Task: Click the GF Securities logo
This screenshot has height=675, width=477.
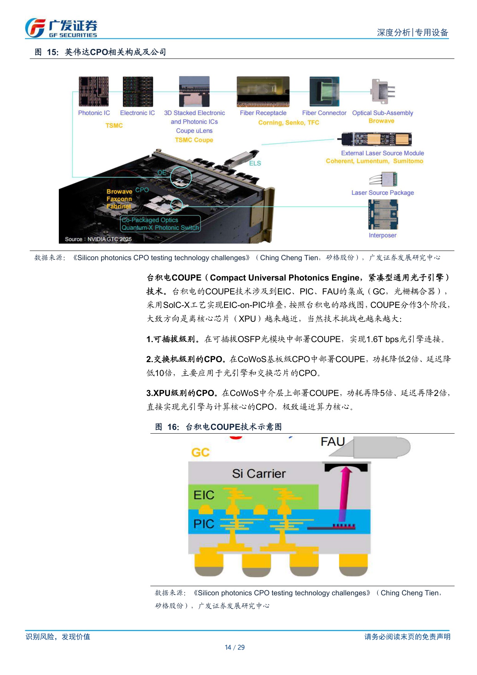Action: pos(61,28)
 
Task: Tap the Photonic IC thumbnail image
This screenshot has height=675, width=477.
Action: pos(94,92)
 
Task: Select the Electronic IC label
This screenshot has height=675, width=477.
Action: pos(137,113)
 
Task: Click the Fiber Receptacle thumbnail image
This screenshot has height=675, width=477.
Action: pos(263,92)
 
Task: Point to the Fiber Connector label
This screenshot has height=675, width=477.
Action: pos(324,113)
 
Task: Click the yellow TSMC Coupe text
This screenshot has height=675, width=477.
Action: pos(194,140)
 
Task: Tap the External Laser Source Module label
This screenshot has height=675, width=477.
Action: pos(382,153)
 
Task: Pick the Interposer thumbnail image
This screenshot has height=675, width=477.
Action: pos(383,214)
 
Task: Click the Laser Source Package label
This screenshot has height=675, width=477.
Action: pos(382,193)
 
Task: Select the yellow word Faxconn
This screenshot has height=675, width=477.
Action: pos(119,199)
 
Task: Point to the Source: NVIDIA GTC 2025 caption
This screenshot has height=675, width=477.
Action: pos(98,239)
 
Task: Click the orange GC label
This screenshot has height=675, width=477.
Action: pos(200,453)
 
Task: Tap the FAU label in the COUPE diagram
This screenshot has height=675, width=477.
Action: pos(332,441)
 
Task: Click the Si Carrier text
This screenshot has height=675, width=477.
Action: pos(259,474)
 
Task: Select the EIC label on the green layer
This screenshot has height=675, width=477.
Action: pos(204,495)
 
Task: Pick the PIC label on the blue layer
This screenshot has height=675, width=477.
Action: pos(204,524)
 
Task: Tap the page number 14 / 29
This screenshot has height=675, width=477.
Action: pos(234,647)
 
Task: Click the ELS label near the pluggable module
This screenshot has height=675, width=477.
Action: pos(255,164)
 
